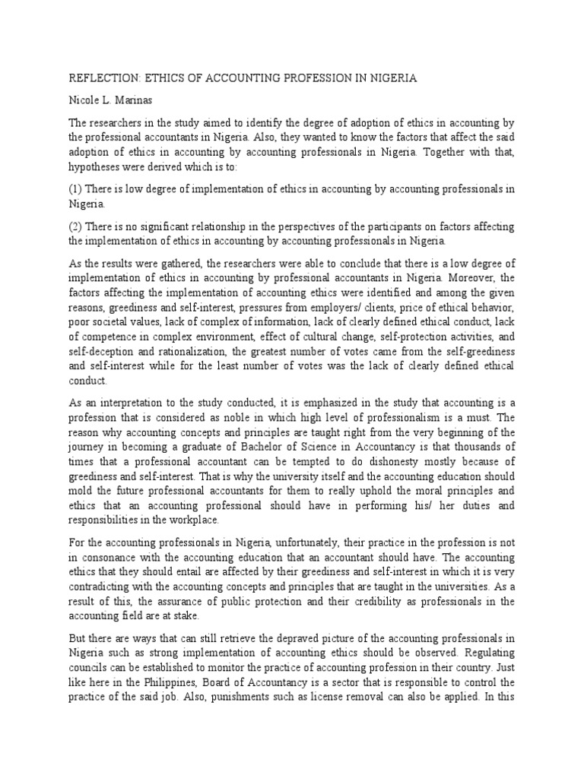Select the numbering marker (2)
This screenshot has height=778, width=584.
click(76, 226)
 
